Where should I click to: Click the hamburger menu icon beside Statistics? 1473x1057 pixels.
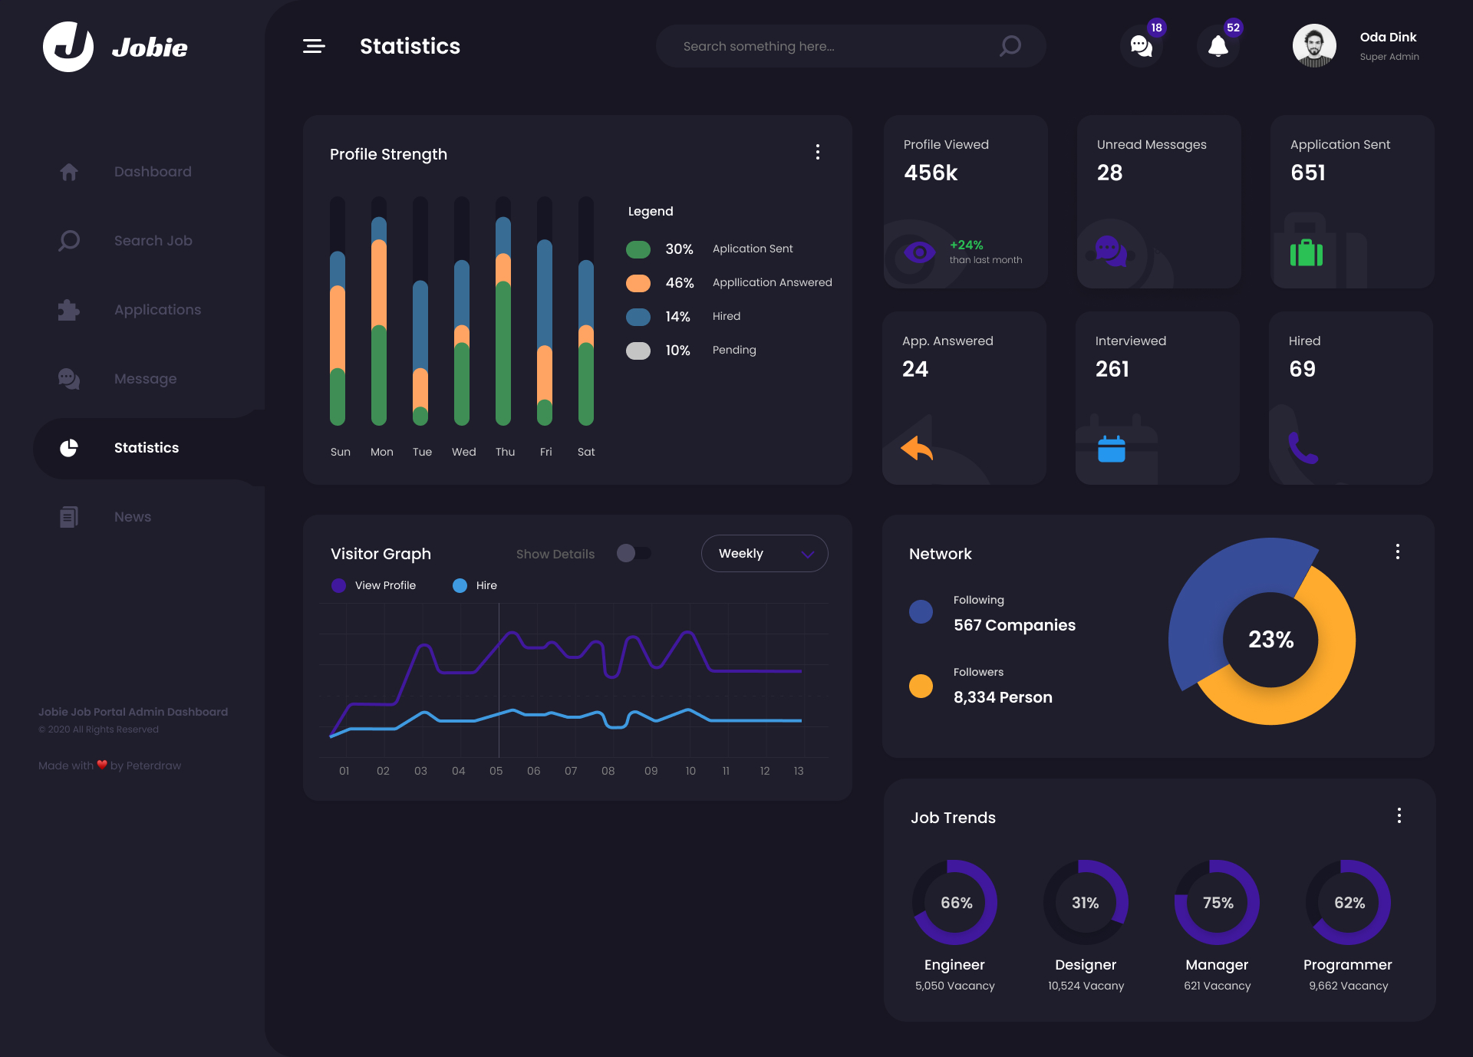tap(314, 47)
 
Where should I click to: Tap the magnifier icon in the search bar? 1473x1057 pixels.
tap(1010, 46)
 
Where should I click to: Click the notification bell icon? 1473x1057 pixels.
tap(1218, 47)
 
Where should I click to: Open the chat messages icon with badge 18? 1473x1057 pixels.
tap(1141, 47)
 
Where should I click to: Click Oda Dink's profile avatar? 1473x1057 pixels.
tap(1313, 46)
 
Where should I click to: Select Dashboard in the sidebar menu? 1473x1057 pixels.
tap(152, 172)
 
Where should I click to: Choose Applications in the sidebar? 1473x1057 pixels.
tap(157, 310)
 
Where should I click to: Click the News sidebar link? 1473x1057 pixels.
tap(132, 517)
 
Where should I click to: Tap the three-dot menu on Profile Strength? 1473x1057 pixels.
tap(818, 152)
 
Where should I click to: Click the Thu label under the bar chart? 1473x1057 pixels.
tap(505, 452)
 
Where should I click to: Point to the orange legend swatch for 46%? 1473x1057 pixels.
tap(638, 283)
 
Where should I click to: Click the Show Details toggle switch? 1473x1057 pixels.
tap(634, 553)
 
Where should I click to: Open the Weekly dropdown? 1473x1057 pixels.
tap(764, 553)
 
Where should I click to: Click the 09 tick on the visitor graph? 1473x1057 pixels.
tap(651, 771)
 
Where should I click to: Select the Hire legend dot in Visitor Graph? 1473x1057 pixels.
tap(460, 585)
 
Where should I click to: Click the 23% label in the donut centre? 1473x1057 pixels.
tap(1270, 639)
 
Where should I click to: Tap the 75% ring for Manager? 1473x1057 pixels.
tap(1218, 903)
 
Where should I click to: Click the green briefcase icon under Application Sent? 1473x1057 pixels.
tap(1306, 252)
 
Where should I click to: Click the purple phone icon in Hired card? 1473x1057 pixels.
tap(1303, 448)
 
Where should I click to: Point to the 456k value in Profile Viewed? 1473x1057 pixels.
tap(931, 173)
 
